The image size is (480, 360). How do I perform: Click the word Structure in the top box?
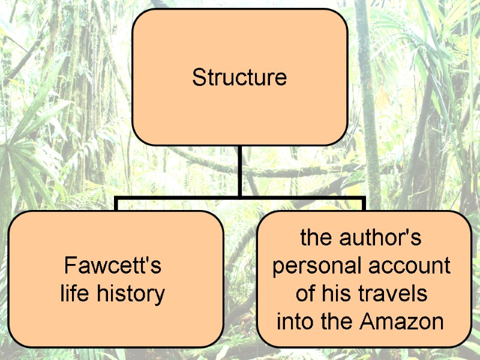[239, 77]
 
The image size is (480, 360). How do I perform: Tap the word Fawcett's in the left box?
[113, 265]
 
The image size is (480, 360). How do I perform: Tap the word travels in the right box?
[398, 294]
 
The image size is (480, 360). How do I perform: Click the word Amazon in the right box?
[402, 322]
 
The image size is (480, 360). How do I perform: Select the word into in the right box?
[292, 322]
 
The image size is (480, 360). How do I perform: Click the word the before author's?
[315, 238]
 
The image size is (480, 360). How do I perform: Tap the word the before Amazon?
[337, 322]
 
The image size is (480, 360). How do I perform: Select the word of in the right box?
[307, 294]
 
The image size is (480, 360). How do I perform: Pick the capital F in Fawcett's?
[69, 265]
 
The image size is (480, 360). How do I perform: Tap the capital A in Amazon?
[369, 322]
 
